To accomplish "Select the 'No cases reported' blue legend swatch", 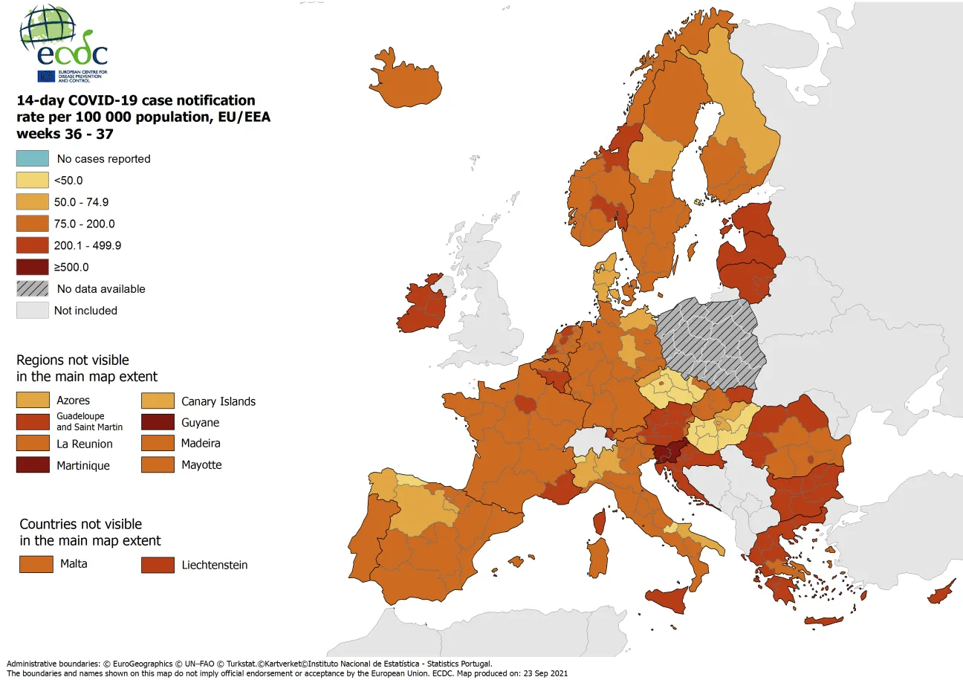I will pyautogui.click(x=33, y=158).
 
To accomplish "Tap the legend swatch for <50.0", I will pyautogui.click(x=33, y=180).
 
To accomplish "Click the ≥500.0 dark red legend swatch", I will pyautogui.click(x=33, y=267).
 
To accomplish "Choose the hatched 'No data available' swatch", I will pyautogui.click(x=33, y=288).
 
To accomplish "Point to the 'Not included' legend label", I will pyautogui.click(x=85, y=311).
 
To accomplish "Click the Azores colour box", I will pyautogui.click(x=33, y=401).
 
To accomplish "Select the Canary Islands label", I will pyautogui.click(x=218, y=401).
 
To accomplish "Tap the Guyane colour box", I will pyautogui.click(x=158, y=422).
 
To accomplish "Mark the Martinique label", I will pyautogui.click(x=83, y=466).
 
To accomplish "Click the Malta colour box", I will pyautogui.click(x=35, y=564).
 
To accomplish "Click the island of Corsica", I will pyautogui.click(x=600, y=519).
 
